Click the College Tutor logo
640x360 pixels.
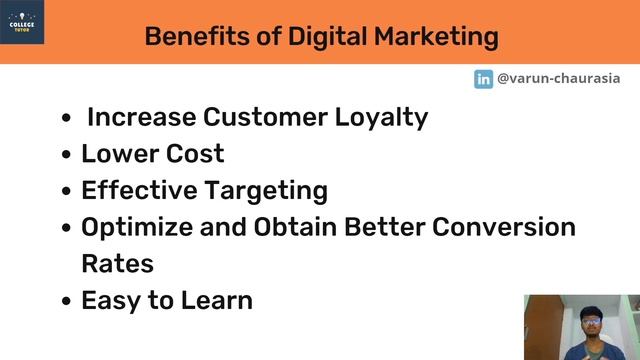point(22,21)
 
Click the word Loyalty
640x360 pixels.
point(382,117)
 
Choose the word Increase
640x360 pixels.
point(141,117)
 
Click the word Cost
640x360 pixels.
point(194,154)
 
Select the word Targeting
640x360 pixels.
point(270,190)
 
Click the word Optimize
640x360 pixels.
point(138,227)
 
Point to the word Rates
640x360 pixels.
point(117,264)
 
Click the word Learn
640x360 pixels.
point(217,300)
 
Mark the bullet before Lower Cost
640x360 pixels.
point(66,155)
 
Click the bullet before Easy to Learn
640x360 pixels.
point(66,301)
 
